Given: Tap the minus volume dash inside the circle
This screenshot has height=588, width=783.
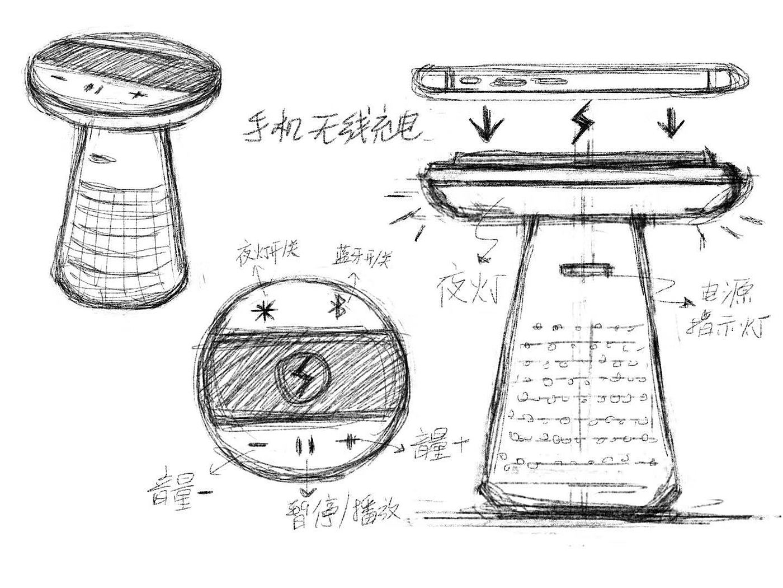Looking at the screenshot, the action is (x=258, y=445).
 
